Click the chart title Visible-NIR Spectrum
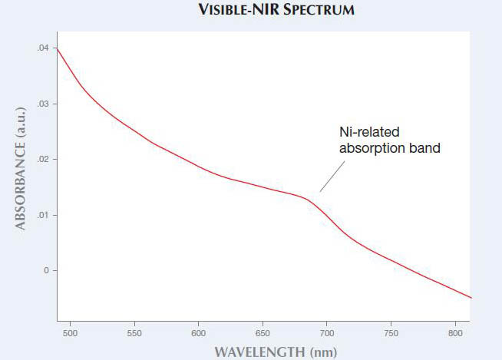pyautogui.click(x=252, y=12)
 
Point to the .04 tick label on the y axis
pyautogui.click(x=43, y=48)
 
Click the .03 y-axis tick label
pyautogui.click(x=43, y=104)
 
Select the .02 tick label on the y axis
pyautogui.click(x=43, y=160)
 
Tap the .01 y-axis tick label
pyautogui.click(x=43, y=215)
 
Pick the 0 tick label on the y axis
pyautogui.click(x=46, y=271)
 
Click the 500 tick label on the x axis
pyautogui.click(x=70, y=334)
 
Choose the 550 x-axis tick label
pyautogui.click(x=134, y=334)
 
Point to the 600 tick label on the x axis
pyautogui.click(x=198, y=334)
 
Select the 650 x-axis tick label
pyautogui.click(x=263, y=334)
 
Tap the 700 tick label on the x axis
pyautogui.click(x=327, y=334)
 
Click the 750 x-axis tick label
pyautogui.click(x=391, y=334)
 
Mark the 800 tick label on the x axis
pyautogui.click(x=455, y=334)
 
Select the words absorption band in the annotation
pyautogui.click(x=390, y=148)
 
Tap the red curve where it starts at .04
pyautogui.click(x=58, y=51)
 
